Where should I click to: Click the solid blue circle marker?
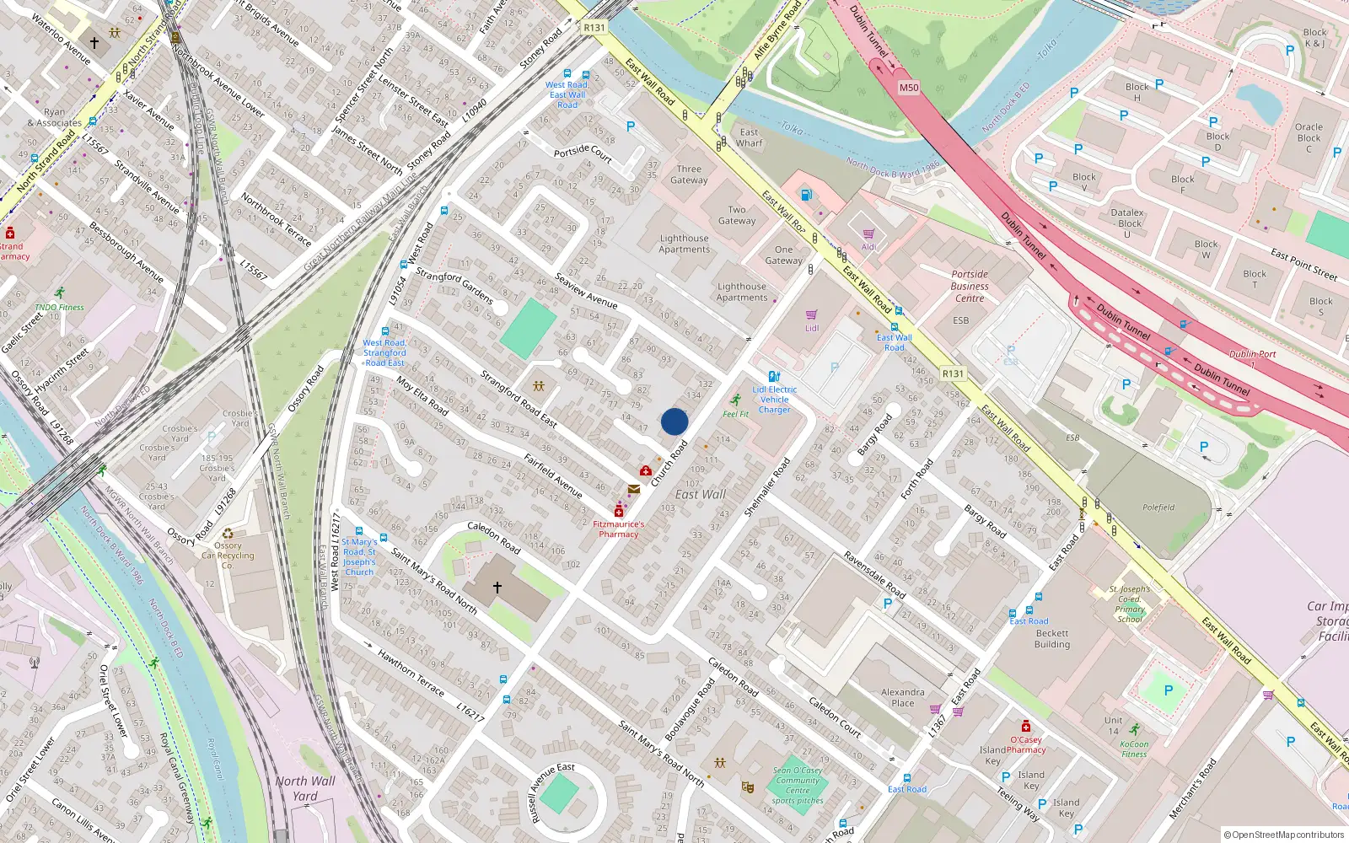[x=674, y=421]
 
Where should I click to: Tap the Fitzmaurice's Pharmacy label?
[x=618, y=529]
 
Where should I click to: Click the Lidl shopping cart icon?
[x=811, y=314]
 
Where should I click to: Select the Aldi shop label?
[x=868, y=247]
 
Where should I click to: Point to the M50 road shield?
[x=909, y=88]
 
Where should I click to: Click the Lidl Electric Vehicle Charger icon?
[x=774, y=377]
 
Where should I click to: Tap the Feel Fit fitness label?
[x=736, y=414]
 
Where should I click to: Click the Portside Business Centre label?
[x=970, y=286]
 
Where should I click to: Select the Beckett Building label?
[x=1052, y=639]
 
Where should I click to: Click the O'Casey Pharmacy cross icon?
[x=1025, y=727]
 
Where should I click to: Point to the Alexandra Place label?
[x=902, y=697]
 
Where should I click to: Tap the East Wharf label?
[x=749, y=137]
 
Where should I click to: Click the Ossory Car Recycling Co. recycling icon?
[x=228, y=534]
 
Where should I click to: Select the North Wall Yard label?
[x=304, y=788]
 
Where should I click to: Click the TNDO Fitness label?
[x=59, y=307]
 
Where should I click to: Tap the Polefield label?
[x=1158, y=507]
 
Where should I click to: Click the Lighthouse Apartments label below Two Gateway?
[x=684, y=244]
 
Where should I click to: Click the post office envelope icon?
[x=633, y=489]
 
